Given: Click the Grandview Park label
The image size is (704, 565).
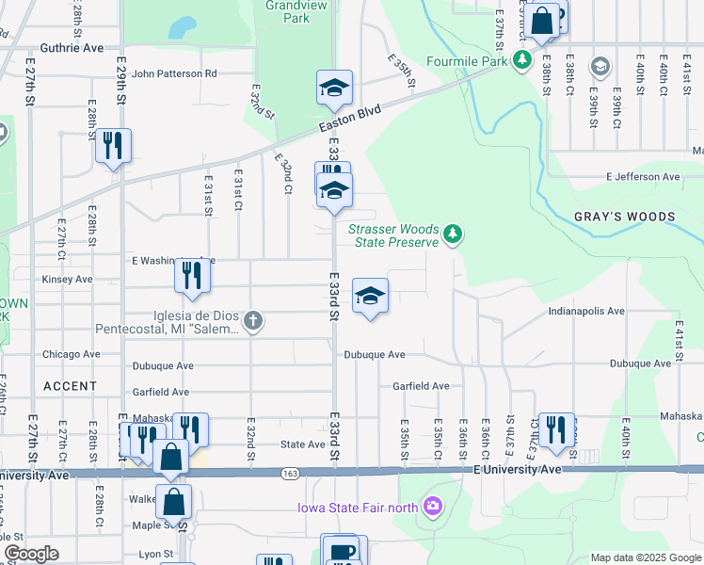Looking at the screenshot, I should point(287,11).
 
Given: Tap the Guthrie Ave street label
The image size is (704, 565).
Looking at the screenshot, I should point(72,47).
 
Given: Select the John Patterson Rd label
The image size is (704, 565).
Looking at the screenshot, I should point(174,73).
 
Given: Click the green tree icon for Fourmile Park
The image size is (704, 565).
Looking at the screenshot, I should point(521,62).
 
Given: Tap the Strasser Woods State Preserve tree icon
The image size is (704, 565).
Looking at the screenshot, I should point(453,234).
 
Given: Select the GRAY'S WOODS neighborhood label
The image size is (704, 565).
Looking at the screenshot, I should point(625,217).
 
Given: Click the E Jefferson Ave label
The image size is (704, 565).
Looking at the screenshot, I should point(643,176).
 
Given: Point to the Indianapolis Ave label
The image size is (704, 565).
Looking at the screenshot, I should point(587,311).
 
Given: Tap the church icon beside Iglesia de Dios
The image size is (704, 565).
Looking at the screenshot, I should point(251,322).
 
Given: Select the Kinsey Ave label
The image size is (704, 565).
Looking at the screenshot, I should point(67,280).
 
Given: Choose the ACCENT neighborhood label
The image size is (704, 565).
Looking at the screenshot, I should point(70,386).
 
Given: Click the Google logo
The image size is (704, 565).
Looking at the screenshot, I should point(31,554).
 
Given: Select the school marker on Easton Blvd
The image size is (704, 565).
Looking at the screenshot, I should point(334,88).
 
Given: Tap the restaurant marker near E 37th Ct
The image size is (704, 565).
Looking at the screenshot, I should point(556,428).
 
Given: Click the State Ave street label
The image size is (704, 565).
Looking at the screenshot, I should point(303,444).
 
